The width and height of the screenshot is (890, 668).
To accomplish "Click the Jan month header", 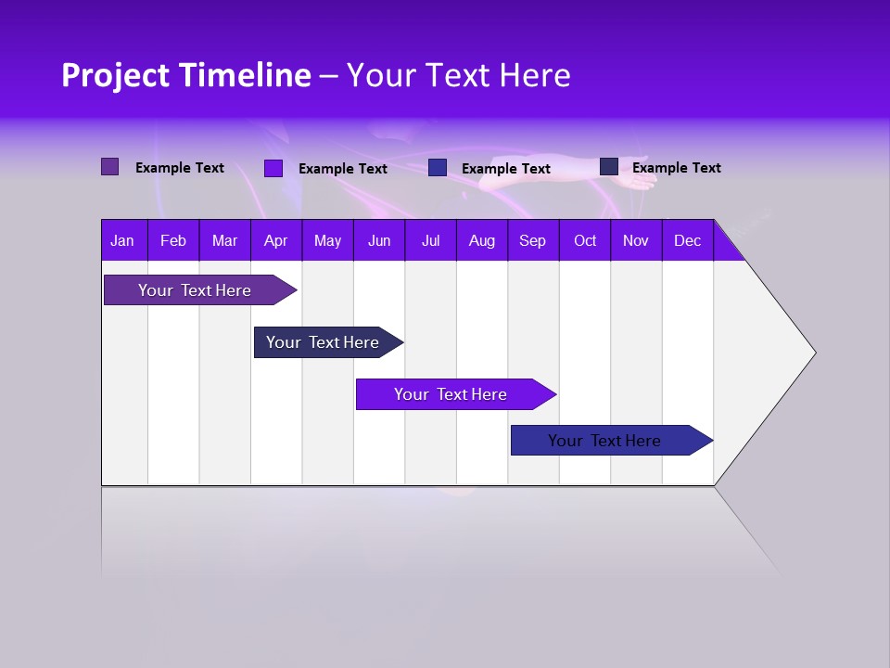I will [x=122, y=240].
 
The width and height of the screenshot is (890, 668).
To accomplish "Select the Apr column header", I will [x=275, y=240].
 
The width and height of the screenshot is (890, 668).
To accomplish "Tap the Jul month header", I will [x=430, y=240].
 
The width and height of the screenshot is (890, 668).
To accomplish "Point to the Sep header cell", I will [x=532, y=240].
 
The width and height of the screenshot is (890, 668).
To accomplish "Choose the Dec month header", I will [x=687, y=240].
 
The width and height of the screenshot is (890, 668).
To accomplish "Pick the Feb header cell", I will [x=172, y=240].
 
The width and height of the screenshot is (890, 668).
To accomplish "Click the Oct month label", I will [x=585, y=240].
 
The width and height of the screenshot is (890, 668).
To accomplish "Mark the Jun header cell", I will [x=379, y=240].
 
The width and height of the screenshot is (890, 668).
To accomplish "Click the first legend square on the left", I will [x=110, y=167].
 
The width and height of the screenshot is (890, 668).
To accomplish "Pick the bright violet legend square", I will [x=273, y=168].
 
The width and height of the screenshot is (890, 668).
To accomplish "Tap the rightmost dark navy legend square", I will [x=609, y=167].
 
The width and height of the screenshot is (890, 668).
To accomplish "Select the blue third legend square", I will [x=438, y=168].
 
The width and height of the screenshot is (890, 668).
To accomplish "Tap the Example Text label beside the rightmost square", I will [x=676, y=168].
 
